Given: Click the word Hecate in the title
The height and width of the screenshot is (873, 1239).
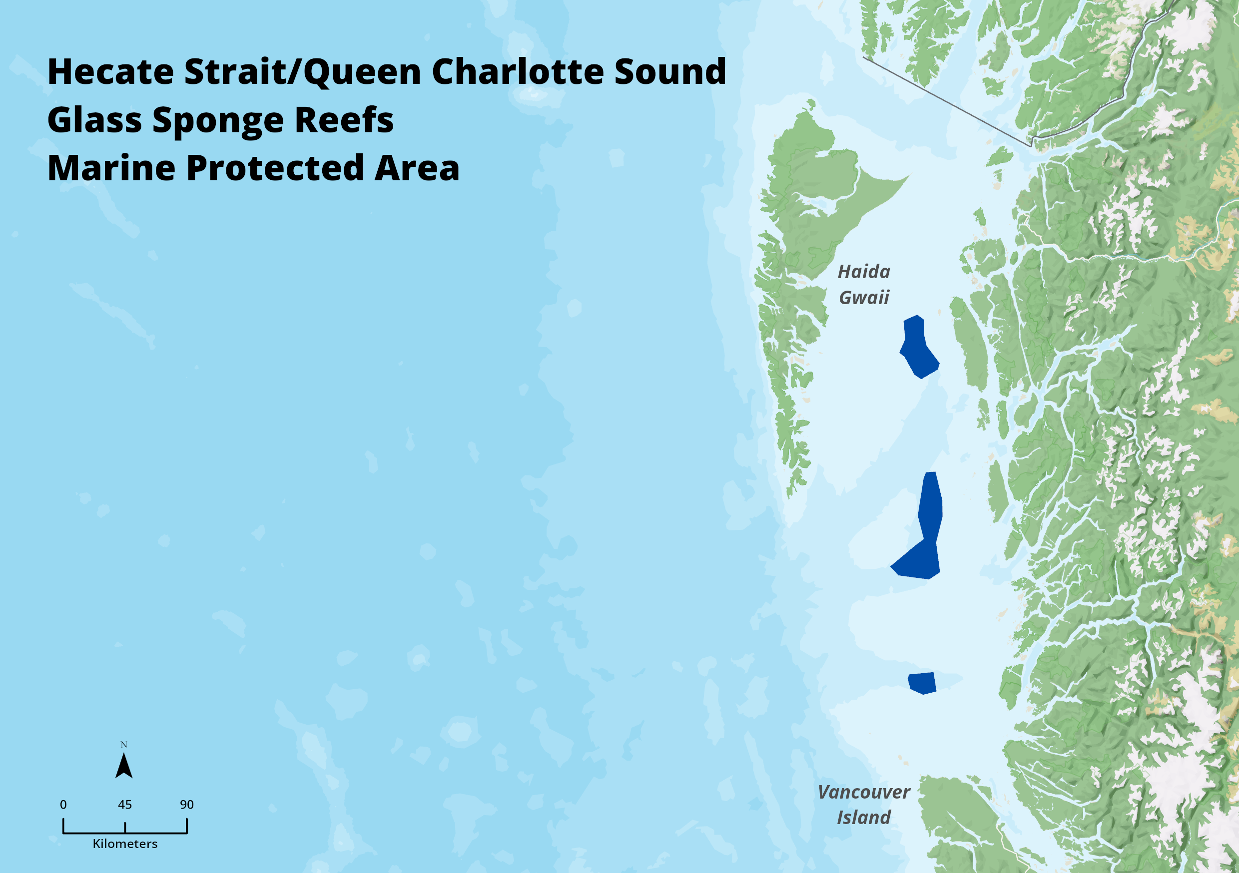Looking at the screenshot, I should pos(110,72).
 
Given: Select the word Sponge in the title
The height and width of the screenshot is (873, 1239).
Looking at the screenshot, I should pos(218,120).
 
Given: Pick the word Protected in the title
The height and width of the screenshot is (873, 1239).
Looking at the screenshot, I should pos(275,168).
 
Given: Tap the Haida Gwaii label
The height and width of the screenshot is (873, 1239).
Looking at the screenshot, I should pos(864,284).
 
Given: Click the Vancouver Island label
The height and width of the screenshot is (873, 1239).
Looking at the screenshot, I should pos(864,805).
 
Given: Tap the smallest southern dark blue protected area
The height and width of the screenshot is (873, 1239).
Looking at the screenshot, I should pos(922,683).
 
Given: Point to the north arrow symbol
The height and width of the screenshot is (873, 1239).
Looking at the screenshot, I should pos(123,766).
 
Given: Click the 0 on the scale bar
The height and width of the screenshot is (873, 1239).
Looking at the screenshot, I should pos(63,805).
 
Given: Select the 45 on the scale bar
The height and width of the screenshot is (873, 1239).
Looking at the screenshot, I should pos(125,805).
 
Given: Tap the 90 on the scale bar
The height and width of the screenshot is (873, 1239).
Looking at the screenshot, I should pos(187,805).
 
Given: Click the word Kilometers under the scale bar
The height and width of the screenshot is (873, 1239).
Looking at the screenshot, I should pos(125,844).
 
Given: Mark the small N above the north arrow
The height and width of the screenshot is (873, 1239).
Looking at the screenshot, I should pos(123,745).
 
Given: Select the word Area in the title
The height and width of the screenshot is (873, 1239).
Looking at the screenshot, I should pos(416,168).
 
